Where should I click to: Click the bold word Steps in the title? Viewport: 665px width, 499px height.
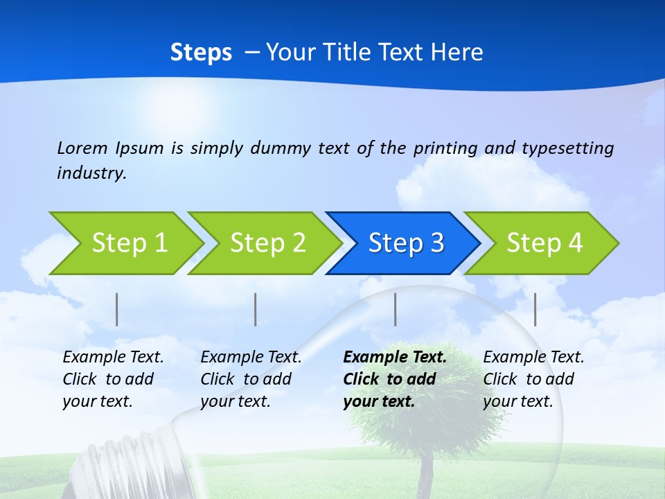tap(201, 53)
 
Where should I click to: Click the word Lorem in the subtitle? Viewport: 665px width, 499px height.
tap(82, 148)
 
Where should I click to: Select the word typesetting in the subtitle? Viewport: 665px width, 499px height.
tap(567, 148)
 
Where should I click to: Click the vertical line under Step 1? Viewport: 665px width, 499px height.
tap(117, 309)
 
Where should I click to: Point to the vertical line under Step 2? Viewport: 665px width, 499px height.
tap(256, 309)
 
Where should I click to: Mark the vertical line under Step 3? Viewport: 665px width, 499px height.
tap(395, 309)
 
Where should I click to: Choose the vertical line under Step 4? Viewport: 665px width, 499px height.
tap(535, 309)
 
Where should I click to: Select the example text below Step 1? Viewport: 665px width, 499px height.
tap(113, 379)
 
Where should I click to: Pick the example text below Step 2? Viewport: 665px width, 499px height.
tap(251, 379)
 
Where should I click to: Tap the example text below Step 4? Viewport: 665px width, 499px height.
tap(533, 379)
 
